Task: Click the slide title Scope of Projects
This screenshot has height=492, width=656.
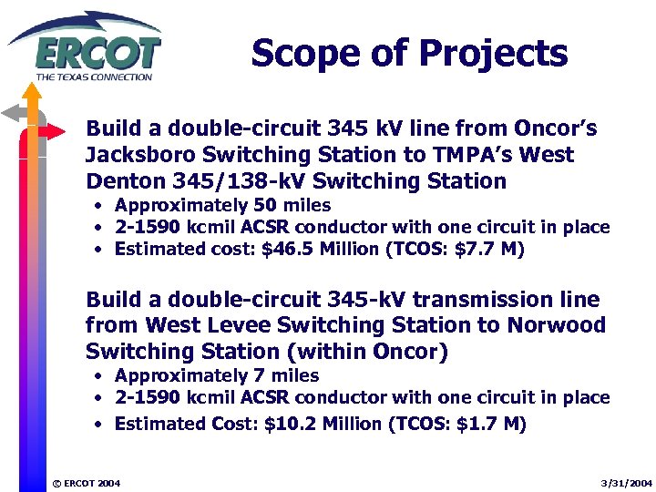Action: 409,54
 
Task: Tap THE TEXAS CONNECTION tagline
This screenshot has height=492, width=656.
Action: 94,77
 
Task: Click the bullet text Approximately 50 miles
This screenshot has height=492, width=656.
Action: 222,206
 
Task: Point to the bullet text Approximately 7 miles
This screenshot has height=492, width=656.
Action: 217,375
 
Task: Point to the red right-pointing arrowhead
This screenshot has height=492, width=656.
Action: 56,131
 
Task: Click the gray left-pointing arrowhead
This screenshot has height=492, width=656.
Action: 12,113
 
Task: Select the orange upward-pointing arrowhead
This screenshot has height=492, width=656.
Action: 33,91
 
